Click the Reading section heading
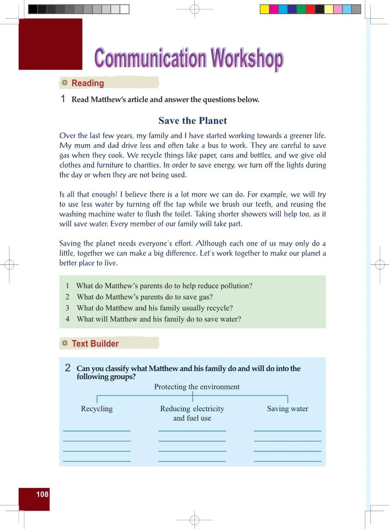pos(88,83)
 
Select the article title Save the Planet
pos(193,121)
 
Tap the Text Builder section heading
pos(95,344)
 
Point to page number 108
pos(42,494)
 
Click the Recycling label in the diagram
pos(97,409)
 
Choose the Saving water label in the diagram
pos(287,409)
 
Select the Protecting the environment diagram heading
pos(197,387)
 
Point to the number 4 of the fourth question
pos(67,319)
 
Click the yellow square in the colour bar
pos(265,9)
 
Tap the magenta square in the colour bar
pos(274,9)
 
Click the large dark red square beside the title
pos(50,44)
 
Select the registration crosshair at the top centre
pos(194,9)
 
